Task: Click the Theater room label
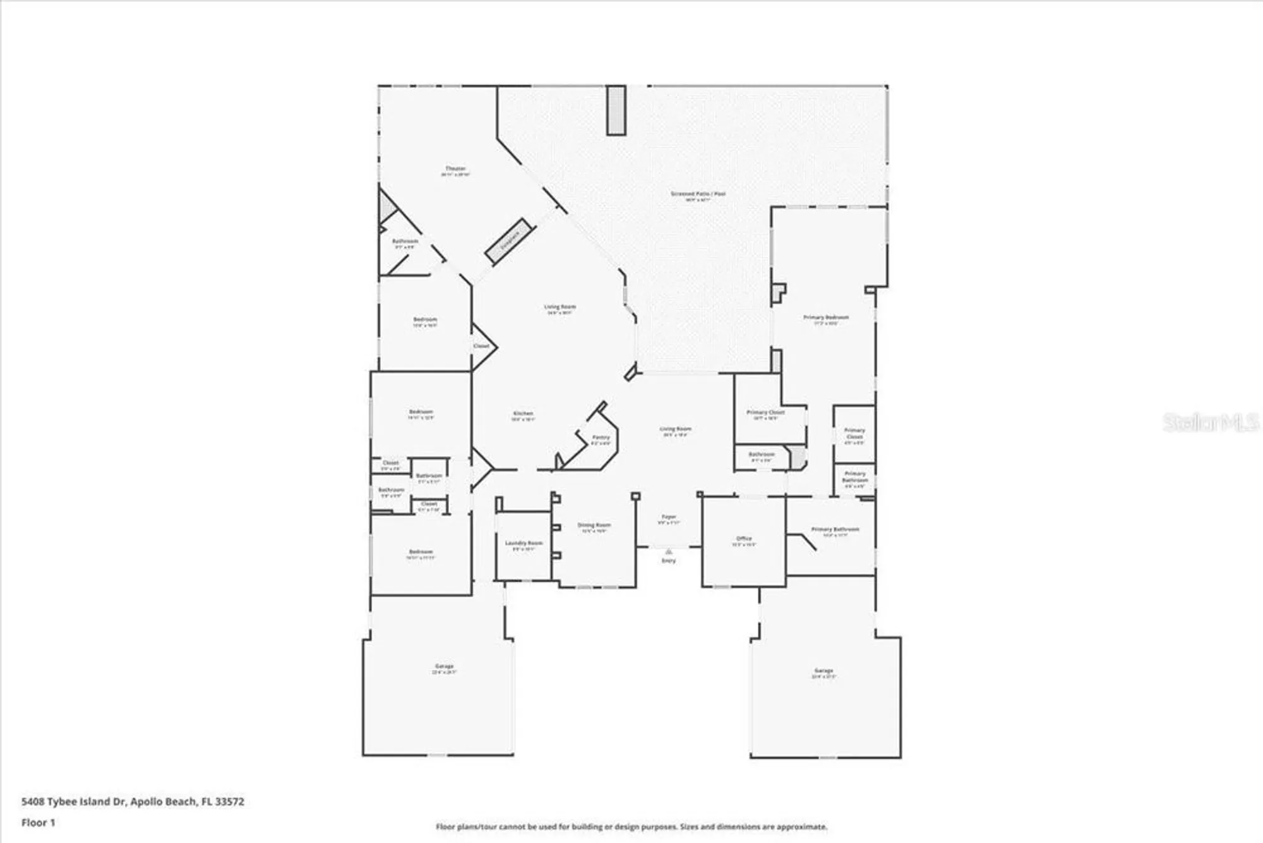[x=455, y=169]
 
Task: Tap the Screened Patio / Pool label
[x=698, y=194]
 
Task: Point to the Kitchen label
[x=523, y=414]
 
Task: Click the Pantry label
[x=601, y=437]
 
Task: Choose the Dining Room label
[x=594, y=525]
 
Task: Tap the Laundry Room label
[x=524, y=543]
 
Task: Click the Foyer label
[x=669, y=517]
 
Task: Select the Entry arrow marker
[x=668, y=552]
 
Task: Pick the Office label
[x=744, y=539]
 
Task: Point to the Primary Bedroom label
[x=826, y=317]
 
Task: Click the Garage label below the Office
[x=823, y=670]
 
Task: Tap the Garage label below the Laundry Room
[x=444, y=666]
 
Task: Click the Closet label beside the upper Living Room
[x=481, y=346]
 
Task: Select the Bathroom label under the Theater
[x=405, y=241]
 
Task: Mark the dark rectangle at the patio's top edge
[x=616, y=111]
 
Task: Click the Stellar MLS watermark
[x=1210, y=422]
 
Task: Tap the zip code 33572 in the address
[x=229, y=801]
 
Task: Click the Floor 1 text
[x=39, y=822]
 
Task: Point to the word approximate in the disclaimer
[x=803, y=827]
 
